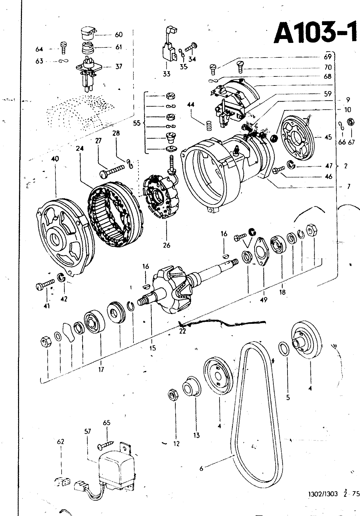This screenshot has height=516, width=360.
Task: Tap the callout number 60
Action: (x=119, y=35)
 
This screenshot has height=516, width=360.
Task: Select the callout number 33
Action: (x=167, y=74)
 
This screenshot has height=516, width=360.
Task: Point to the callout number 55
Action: (x=137, y=123)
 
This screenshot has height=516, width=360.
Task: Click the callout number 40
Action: (x=55, y=159)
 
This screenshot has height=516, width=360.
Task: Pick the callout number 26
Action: (x=167, y=245)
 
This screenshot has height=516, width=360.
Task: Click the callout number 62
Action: (x=61, y=442)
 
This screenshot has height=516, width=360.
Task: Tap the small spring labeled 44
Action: (x=209, y=126)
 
